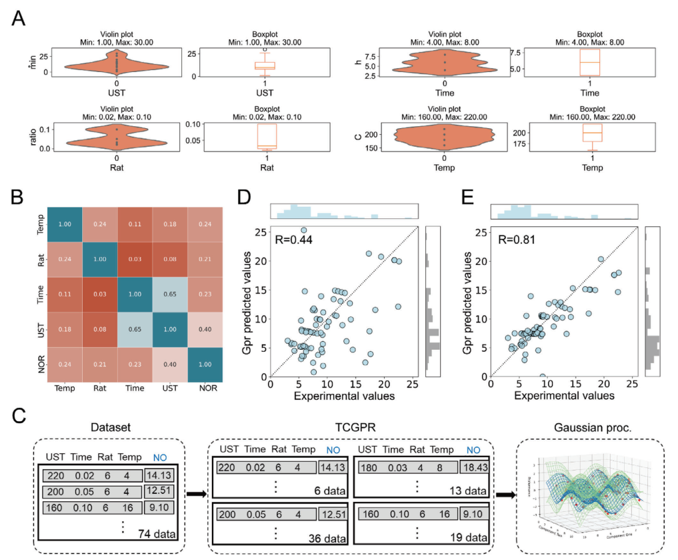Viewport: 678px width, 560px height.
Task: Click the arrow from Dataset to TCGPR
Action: (x=195, y=495)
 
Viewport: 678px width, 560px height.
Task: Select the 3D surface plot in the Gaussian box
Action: (x=587, y=497)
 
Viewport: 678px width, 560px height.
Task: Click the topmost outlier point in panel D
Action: (x=303, y=230)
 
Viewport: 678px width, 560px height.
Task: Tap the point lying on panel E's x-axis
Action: (x=543, y=376)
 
